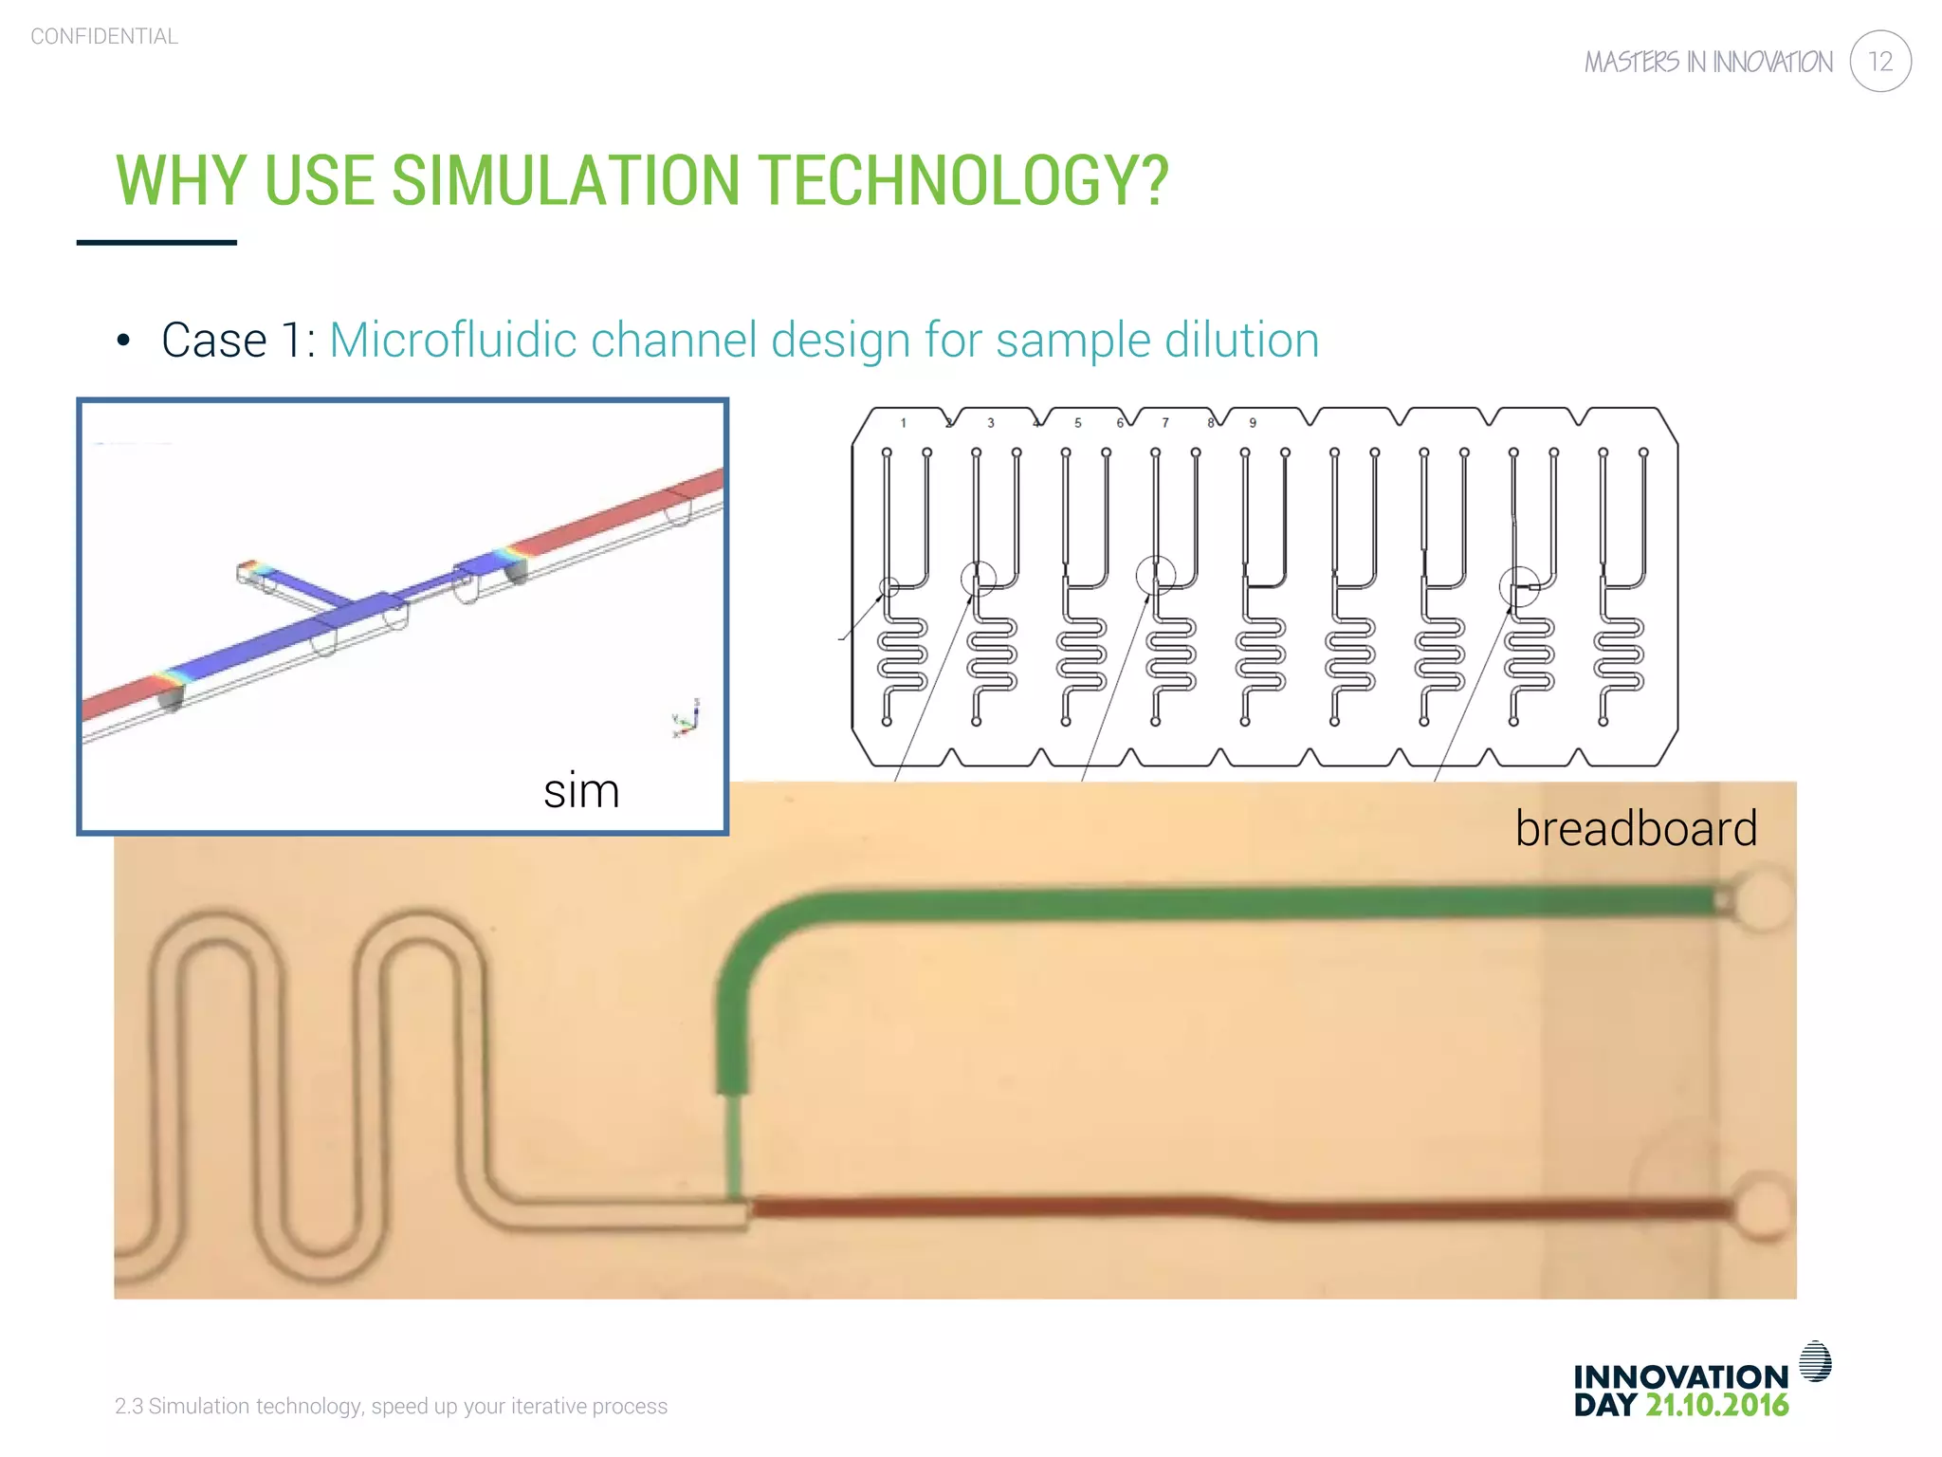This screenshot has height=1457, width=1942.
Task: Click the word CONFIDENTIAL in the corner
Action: coord(104,37)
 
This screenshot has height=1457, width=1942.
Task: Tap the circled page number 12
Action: coord(1879,62)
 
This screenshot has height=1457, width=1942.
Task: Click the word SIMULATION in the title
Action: coord(565,180)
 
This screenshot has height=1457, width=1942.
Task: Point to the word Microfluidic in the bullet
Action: coord(452,340)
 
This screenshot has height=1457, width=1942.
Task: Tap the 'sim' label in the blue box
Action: coord(581,790)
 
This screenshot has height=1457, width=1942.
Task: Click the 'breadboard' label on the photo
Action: coord(1636,828)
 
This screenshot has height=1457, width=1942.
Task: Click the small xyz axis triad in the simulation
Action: coord(687,719)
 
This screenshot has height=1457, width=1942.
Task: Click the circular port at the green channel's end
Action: coord(1762,897)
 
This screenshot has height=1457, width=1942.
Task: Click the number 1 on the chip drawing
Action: coord(903,423)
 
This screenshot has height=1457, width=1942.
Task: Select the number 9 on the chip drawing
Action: coord(1253,423)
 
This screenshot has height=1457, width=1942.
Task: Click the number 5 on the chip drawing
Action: coord(1077,423)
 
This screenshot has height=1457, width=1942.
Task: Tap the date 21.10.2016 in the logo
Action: coord(1716,1405)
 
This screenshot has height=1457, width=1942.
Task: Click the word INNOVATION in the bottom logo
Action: coord(1680,1376)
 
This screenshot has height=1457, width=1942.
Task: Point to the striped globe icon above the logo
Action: coord(1815,1361)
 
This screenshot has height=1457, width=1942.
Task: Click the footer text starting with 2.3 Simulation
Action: coord(391,1406)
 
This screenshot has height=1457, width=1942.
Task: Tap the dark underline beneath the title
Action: coord(156,243)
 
